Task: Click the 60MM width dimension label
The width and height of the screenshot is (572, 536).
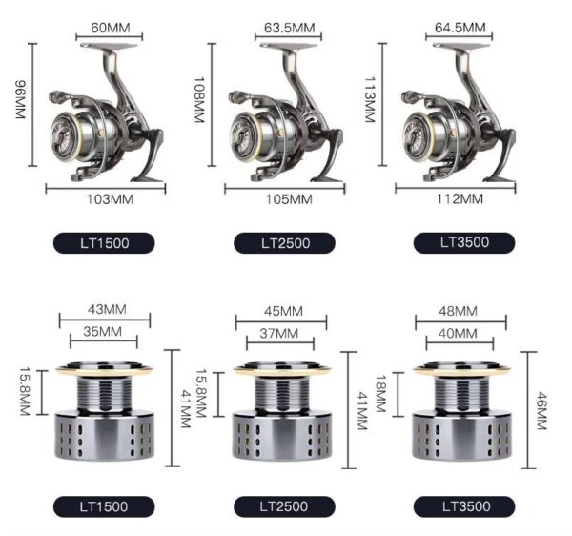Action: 111,28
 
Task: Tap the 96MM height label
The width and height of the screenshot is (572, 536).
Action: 20,99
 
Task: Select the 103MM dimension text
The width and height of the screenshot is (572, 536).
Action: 110,199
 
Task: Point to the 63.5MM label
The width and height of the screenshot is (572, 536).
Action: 289,28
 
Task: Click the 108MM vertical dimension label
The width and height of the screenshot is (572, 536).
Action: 198,99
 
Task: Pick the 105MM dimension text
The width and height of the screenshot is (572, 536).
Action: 289,199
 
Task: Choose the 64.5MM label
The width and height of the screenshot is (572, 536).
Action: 460,28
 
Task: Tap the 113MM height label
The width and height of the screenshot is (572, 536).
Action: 370,99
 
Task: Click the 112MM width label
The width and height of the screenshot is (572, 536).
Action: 460,199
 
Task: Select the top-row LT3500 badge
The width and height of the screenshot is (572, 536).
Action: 464,242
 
